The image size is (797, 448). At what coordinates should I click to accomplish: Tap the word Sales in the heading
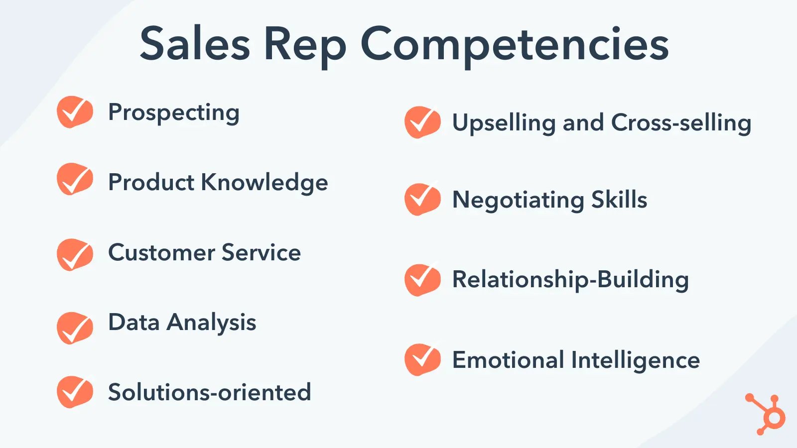click(195, 43)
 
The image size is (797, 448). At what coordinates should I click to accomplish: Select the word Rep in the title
click(305, 47)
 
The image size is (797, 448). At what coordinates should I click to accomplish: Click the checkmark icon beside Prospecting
click(75, 112)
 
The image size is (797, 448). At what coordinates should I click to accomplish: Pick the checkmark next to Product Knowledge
click(75, 179)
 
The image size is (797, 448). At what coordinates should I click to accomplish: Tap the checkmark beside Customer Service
click(75, 254)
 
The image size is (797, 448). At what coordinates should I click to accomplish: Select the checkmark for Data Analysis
click(75, 328)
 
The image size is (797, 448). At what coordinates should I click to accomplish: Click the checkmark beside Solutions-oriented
click(75, 392)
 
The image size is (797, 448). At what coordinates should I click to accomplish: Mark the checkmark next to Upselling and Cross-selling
click(422, 122)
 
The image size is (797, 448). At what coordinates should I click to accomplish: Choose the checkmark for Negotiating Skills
click(422, 199)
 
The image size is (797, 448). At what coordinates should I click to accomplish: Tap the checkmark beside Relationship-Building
click(422, 280)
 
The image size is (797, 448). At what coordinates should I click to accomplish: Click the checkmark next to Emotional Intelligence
click(422, 359)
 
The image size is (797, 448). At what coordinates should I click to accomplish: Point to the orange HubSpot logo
click(766, 414)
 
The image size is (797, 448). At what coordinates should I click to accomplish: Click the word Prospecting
click(174, 113)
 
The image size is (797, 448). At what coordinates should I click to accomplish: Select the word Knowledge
click(265, 183)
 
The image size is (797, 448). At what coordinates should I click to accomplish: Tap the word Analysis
click(211, 323)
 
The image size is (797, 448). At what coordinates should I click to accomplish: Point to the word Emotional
click(508, 360)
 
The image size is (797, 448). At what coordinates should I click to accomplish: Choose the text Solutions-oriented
click(210, 392)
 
